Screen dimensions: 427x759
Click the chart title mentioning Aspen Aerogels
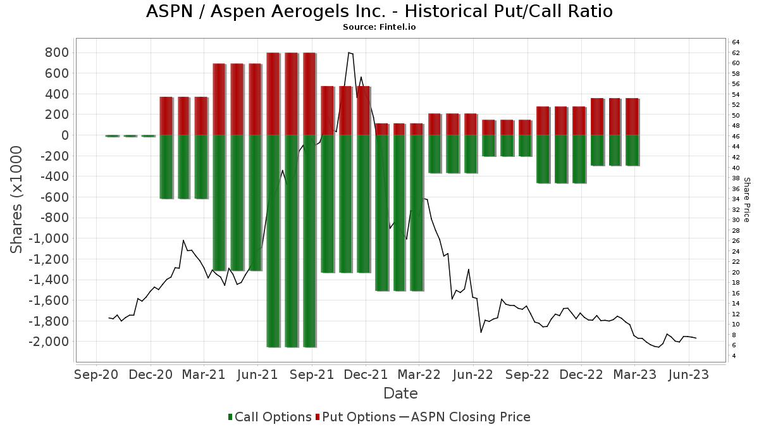pos(379,11)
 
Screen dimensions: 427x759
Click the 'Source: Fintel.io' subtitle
pos(379,27)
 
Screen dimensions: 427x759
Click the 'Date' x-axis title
pos(400,393)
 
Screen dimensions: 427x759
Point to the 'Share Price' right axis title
pos(746,199)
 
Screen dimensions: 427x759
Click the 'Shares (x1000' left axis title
pos(16,199)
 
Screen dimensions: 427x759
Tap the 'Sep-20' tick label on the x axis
pos(96,374)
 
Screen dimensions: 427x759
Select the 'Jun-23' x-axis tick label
pos(689,374)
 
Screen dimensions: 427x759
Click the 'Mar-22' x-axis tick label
pos(419,374)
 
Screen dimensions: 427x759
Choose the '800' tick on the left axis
pos(56,53)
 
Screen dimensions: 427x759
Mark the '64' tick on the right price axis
pos(736,42)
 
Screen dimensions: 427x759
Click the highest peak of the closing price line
pos(349,53)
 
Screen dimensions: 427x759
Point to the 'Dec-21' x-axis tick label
pos(366,374)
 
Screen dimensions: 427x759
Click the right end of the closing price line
pos(696,338)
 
